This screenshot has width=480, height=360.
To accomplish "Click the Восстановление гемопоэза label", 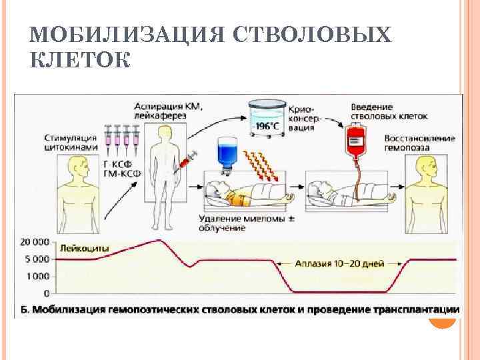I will point(420,143).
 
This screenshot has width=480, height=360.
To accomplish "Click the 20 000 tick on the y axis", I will point(35,241).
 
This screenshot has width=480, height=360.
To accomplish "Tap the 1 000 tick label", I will point(37,276).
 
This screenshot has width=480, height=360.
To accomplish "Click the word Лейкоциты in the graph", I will point(85,249).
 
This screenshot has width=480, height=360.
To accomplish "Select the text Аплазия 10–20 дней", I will point(349,263).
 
